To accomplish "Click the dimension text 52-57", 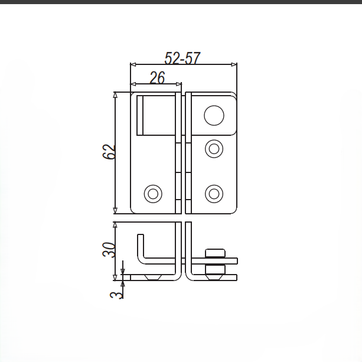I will click(x=182, y=58).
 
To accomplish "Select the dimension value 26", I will click(x=156, y=78).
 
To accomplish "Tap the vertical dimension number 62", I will click(x=109, y=152).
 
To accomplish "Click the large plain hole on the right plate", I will click(x=214, y=115).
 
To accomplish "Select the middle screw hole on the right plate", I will click(x=214, y=148).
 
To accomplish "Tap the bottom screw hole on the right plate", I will click(x=214, y=193).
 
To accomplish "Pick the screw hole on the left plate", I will click(x=153, y=193).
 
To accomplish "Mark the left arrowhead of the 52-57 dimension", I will click(x=133, y=64).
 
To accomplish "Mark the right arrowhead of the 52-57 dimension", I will click(x=234, y=64).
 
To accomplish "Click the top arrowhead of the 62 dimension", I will click(x=116, y=95).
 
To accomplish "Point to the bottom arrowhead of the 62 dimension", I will click(x=116, y=211).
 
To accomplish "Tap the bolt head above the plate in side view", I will click(x=214, y=253).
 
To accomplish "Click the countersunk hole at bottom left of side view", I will click(x=154, y=278).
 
